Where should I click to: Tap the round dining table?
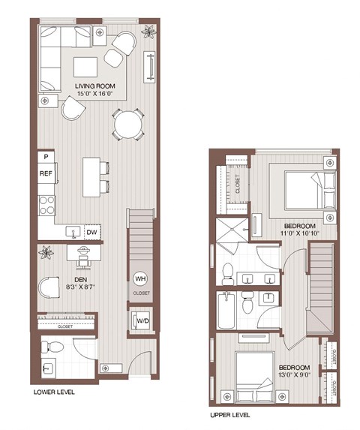click(x=128, y=123)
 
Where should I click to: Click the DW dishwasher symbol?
click(x=92, y=233)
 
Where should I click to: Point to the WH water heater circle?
click(x=140, y=278)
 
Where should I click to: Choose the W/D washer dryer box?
click(x=141, y=322)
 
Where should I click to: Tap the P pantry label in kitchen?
click(x=46, y=157)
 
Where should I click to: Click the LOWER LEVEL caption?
click(x=54, y=392)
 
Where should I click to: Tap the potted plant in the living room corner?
click(x=150, y=32)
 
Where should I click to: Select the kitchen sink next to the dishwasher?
click(x=73, y=232)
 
